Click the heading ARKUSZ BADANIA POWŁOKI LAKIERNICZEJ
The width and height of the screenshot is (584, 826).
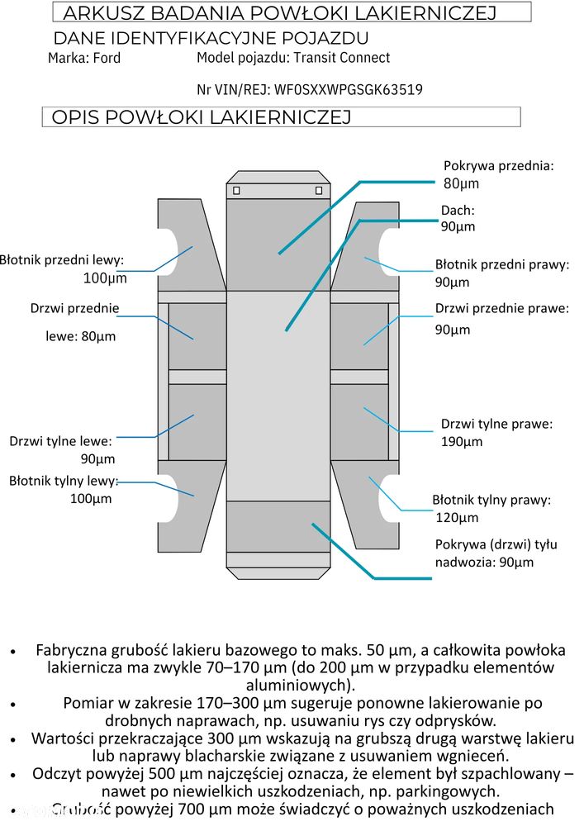(279, 13)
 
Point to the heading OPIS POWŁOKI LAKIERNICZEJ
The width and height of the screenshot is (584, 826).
(202, 117)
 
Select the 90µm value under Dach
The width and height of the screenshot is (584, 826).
(458, 226)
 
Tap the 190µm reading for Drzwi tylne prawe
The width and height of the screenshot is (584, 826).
(462, 441)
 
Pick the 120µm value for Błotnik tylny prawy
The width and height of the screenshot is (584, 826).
(457, 518)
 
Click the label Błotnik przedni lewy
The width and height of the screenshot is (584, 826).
(62, 260)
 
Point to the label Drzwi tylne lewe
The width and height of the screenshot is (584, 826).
(60, 441)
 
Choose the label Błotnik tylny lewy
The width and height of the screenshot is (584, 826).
(64, 481)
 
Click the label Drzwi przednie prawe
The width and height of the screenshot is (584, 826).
(502, 309)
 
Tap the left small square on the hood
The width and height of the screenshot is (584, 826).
(236, 191)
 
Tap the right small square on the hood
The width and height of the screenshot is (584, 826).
(319, 191)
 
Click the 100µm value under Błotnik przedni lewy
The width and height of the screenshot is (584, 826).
(105, 278)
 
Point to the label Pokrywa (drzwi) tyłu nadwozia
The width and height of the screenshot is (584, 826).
(496, 553)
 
